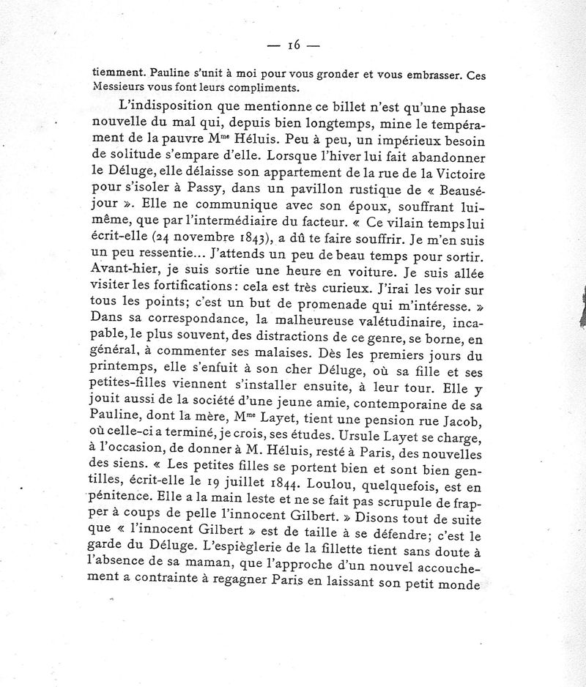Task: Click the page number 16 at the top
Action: click(x=294, y=45)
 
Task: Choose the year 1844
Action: click(x=292, y=492)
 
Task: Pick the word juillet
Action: click(x=246, y=492)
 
